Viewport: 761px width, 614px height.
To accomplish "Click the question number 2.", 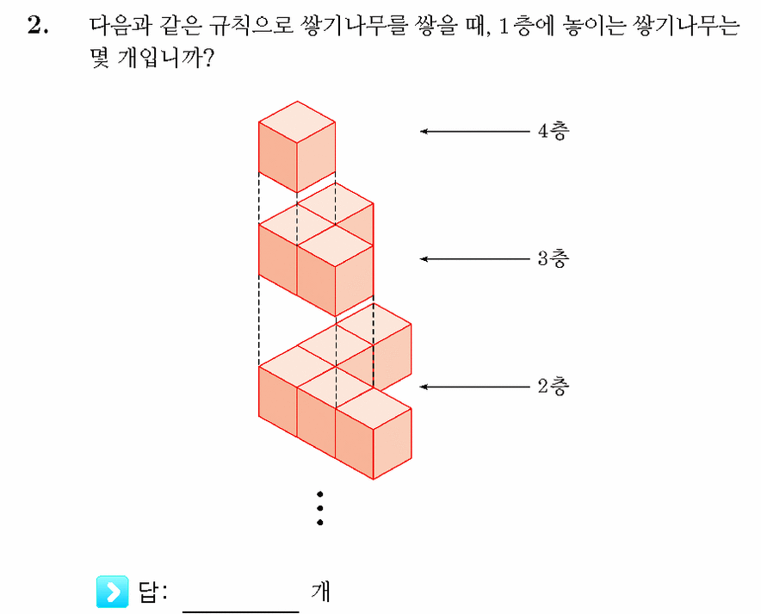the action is pyautogui.click(x=38, y=25).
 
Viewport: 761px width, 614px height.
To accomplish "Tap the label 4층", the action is pyautogui.click(x=554, y=131).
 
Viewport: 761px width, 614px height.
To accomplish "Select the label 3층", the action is pyautogui.click(x=554, y=258).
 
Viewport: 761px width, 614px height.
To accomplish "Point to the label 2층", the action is pyautogui.click(x=554, y=387).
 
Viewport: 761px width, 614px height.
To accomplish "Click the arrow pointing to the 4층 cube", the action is pyautogui.click(x=475, y=131).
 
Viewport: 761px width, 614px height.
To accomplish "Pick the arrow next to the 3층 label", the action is pyautogui.click(x=475, y=258).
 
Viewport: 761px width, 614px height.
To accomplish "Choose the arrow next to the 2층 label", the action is pyautogui.click(x=475, y=387).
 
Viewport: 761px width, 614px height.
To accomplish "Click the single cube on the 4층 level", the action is pyautogui.click(x=297, y=146).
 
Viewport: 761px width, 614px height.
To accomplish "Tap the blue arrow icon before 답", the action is pyautogui.click(x=113, y=592).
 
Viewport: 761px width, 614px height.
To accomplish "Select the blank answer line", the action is pyautogui.click(x=241, y=611).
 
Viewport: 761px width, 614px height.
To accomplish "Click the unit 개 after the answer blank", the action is pyautogui.click(x=320, y=592).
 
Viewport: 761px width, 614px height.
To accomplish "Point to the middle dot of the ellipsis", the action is pyautogui.click(x=320, y=509).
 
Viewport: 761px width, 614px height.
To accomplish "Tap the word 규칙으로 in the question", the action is pyautogui.click(x=251, y=25).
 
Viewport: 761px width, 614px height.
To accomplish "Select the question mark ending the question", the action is pyautogui.click(x=208, y=59).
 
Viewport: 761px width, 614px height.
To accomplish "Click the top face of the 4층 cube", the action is pyautogui.click(x=297, y=121).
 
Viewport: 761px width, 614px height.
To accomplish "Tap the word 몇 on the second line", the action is pyautogui.click(x=100, y=59).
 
